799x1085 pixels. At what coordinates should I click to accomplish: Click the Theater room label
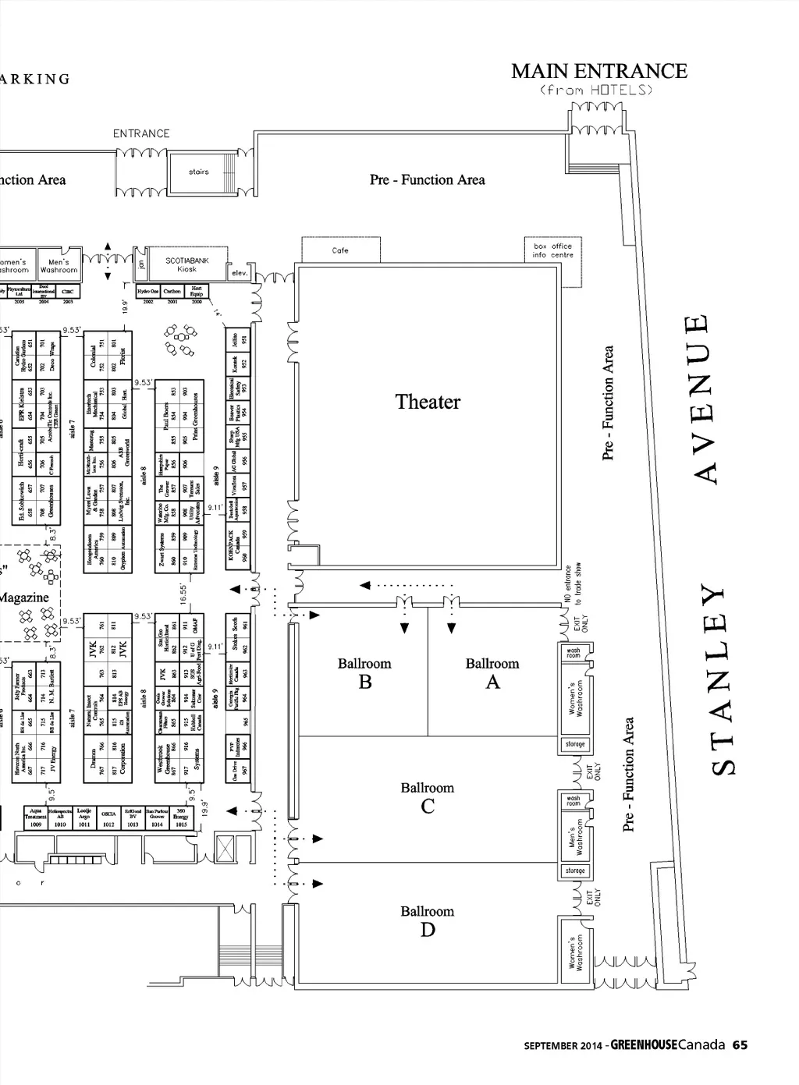pos(428,402)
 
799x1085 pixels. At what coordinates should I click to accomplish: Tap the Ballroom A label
pos(492,673)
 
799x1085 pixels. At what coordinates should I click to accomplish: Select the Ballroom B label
pos(364,673)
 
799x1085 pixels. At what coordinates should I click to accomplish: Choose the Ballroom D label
pos(428,920)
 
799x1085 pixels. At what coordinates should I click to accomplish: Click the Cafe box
pos(340,250)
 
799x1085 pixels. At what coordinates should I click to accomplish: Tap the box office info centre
pos(552,250)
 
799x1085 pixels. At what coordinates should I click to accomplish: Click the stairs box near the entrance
pos(199,172)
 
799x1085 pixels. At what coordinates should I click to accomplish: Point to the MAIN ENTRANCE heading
pos(599,71)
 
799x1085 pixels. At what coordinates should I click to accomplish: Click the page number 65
pos(740,1044)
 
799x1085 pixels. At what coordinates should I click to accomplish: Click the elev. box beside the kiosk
pos(239,273)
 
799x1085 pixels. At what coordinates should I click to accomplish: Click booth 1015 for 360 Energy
pos(181,818)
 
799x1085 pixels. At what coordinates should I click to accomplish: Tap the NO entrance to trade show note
pos(574,584)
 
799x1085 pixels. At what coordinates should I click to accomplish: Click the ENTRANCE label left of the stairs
pos(141,133)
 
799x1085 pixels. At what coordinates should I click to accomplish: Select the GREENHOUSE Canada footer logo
pos(668,1044)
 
